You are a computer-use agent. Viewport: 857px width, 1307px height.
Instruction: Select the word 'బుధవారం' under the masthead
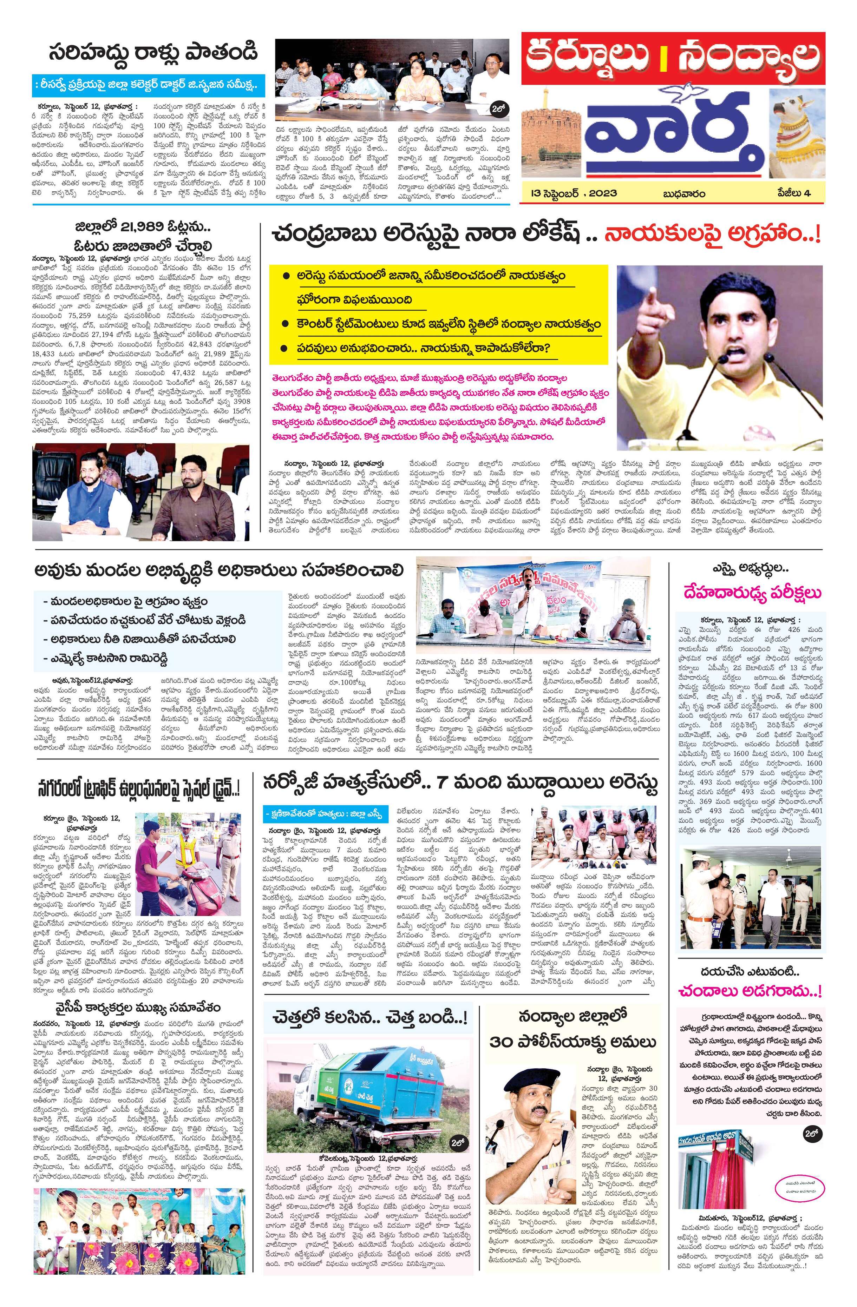tap(683, 193)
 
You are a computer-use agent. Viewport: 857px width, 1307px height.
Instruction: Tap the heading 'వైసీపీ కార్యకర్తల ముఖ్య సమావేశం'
tap(137, 992)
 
